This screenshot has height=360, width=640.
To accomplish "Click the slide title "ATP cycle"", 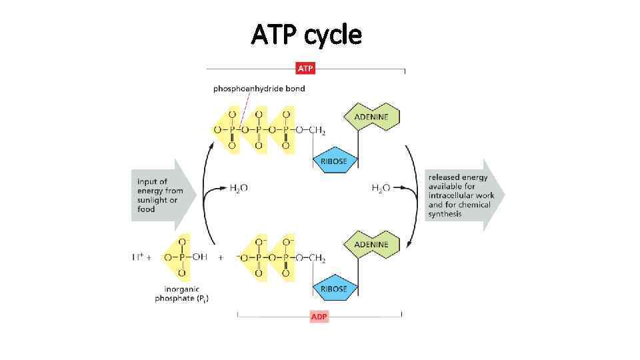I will pos(306,34).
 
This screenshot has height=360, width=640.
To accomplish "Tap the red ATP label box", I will pos(305,69).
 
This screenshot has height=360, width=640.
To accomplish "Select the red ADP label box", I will pos(319,316).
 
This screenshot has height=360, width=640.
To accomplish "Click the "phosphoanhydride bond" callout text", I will pos(259,89).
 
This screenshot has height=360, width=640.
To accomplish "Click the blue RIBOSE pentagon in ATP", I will pos(334,161).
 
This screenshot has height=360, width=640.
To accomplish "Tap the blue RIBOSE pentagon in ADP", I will pos(334,289).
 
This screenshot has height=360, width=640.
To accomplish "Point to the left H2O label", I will pos(239,189).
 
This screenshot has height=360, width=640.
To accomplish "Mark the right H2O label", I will pos(381,189).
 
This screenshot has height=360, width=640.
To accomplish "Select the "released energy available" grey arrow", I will pos(463,195).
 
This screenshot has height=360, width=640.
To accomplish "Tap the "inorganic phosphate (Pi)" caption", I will pos(181,293).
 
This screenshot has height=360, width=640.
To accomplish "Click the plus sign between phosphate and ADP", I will pos(221,258).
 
